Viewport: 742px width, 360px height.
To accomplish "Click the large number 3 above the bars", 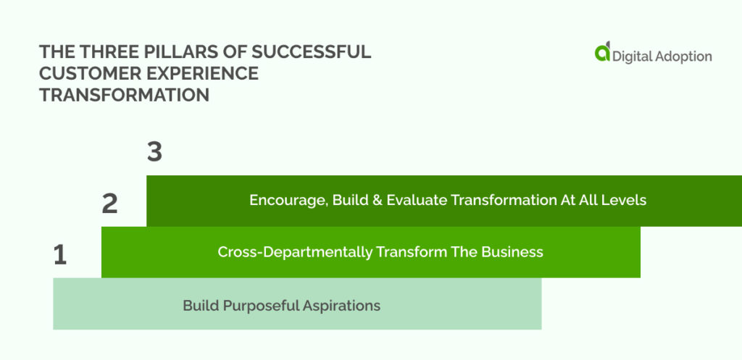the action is click(155, 153).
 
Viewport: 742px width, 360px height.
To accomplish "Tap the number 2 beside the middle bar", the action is click(110, 204).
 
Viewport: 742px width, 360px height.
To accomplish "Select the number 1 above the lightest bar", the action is click(59, 256).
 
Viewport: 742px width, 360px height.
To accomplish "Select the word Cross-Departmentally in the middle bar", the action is click(295, 252).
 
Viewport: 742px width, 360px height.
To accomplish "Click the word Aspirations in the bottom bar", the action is click(342, 306).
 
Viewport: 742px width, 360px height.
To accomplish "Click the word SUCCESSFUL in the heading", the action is click(311, 52).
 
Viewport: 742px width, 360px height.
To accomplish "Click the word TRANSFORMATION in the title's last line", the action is click(125, 95).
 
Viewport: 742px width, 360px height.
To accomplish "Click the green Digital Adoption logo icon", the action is click(602, 51).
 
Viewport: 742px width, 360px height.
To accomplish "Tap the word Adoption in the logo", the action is click(683, 57).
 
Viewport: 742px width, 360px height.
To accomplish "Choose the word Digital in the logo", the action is click(631, 56).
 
